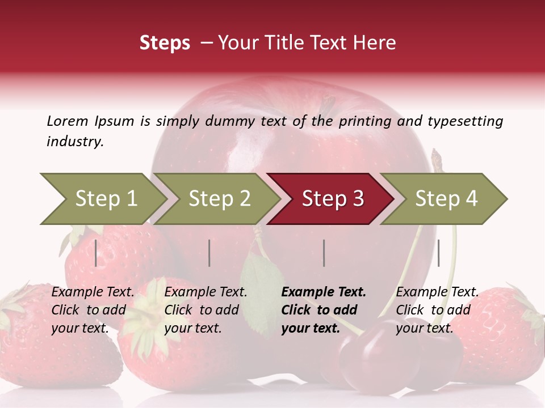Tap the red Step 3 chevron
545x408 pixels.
click(332, 199)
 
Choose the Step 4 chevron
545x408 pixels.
click(446, 199)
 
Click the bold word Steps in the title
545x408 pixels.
click(165, 43)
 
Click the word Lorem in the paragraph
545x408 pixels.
click(67, 121)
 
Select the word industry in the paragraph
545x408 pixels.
click(75, 141)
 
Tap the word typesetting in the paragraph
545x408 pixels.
click(465, 121)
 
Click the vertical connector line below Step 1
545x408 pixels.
click(96, 253)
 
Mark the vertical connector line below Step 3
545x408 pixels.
click(324, 253)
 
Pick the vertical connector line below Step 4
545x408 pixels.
click(438, 253)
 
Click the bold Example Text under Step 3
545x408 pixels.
click(324, 292)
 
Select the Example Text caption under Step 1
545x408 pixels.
click(93, 292)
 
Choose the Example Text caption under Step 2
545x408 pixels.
click(206, 292)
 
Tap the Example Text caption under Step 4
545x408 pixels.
click(437, 292)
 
